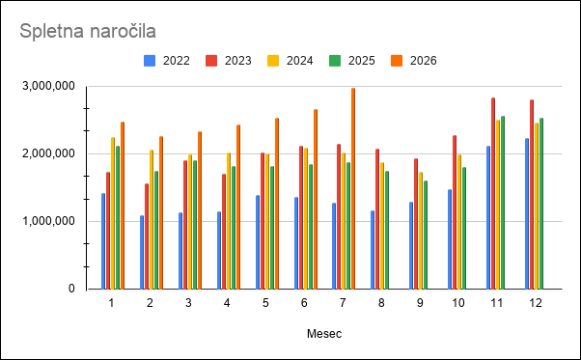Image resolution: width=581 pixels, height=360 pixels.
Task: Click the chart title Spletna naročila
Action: [88, 31]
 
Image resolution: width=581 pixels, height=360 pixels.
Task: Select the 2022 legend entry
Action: [167, 61]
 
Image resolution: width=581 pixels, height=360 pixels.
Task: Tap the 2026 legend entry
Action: [413, 61]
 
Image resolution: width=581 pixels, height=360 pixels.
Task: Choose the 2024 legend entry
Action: [290, 61]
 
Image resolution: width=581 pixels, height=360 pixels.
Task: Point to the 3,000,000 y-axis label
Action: [48, 86]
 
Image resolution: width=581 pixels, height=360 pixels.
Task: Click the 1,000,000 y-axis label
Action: [48, 221]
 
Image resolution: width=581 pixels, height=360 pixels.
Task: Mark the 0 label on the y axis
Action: [71, 289]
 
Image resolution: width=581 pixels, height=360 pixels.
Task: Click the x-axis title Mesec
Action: [324, 334]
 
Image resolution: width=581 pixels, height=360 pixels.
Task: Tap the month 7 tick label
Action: [343, 303]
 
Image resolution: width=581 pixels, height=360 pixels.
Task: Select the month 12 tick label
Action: [536, 303]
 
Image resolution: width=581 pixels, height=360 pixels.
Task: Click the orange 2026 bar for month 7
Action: [353, 188]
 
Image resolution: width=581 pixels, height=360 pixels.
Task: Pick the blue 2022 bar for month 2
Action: [142, 252]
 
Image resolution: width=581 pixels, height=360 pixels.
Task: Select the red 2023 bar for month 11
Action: [493, 193]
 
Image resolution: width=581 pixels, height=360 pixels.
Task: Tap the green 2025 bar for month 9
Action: [426, 235]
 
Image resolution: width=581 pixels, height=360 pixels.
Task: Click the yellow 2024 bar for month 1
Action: [113, 213]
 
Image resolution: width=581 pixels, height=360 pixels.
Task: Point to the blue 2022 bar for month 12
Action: [527, 213]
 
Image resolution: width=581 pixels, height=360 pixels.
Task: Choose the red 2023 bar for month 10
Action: [455, 212]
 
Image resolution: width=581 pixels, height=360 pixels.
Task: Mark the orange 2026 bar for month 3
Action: [200, 210]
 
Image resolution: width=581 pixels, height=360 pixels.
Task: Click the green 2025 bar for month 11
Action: [503, 203]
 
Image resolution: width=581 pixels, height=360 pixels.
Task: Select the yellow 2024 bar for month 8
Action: [382, 226]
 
